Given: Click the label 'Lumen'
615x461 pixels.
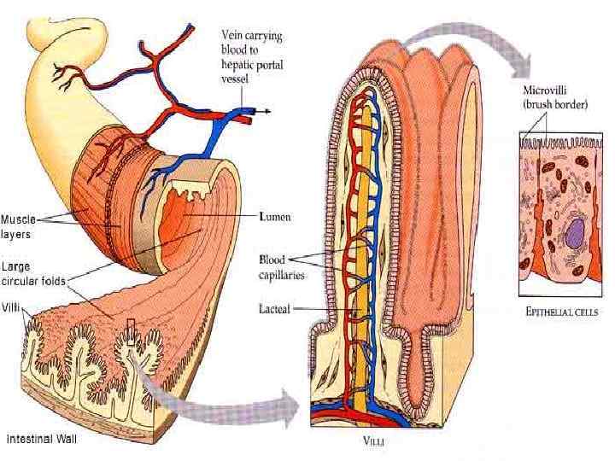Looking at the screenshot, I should tap(274, 218).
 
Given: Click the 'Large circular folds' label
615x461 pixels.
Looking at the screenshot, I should tap(32, 274).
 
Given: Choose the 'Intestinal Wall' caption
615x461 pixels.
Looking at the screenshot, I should tap(42, 439).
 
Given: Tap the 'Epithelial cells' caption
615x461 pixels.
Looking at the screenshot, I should tap(562, 312).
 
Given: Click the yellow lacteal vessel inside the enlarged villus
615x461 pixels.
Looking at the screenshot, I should tap(366, 256).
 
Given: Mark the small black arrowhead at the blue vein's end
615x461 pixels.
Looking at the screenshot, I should tap(266, 111).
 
